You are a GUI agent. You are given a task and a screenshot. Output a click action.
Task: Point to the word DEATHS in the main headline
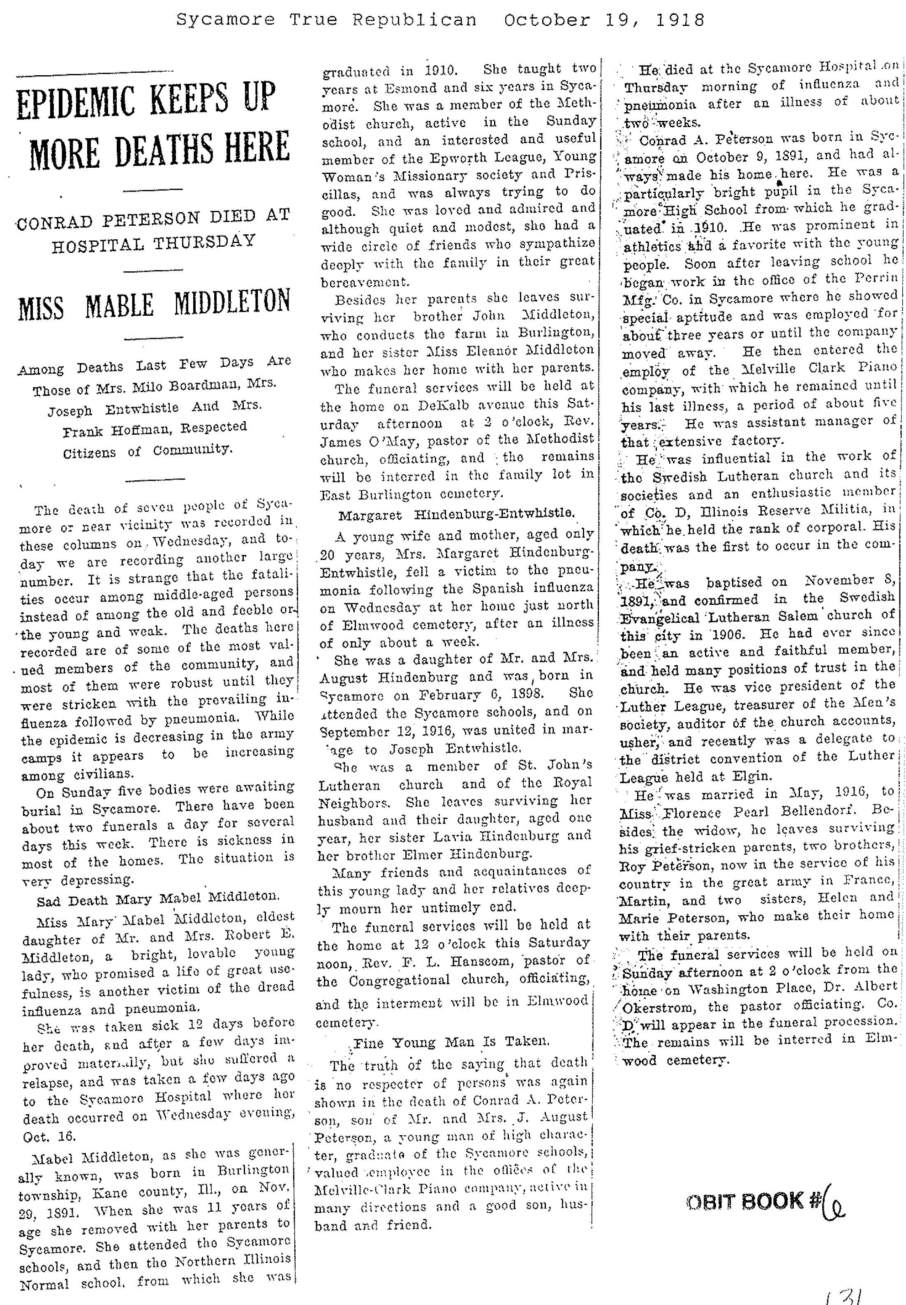click(160, 149)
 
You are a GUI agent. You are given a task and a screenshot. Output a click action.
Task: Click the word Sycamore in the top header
click(225, 21)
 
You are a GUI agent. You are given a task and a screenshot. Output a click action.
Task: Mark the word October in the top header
click(547, 21)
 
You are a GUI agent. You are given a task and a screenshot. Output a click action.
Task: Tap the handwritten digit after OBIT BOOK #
click(836, 1201)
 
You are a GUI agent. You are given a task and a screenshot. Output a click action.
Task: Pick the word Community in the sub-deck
click(193, 451)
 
